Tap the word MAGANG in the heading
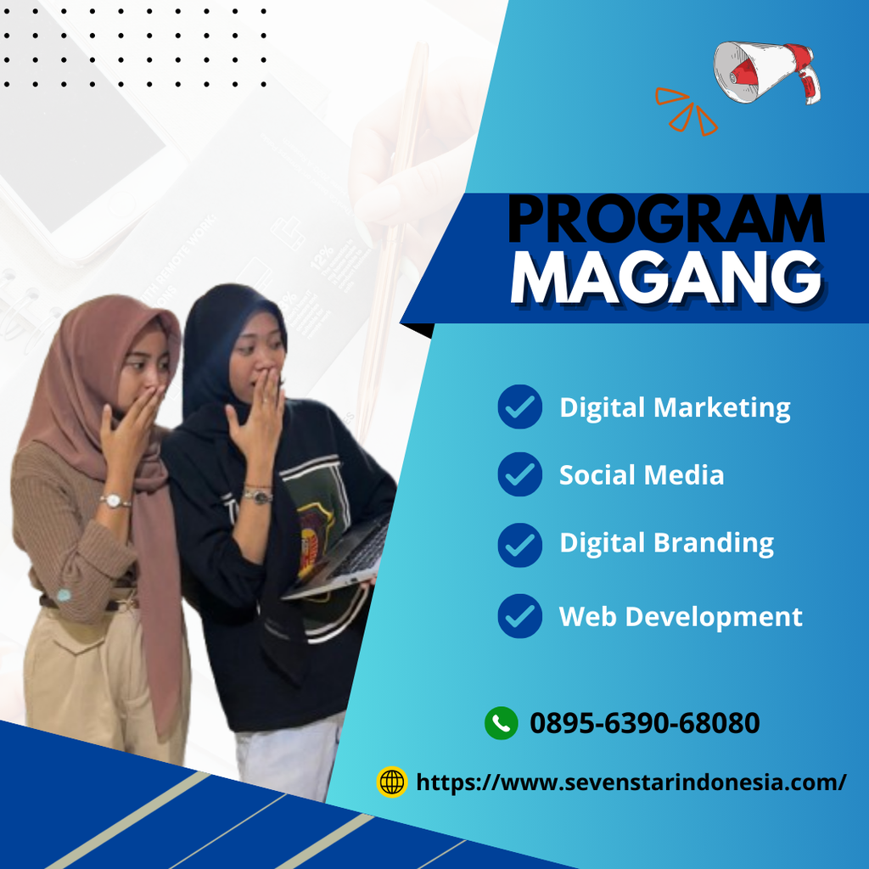click(666, 278)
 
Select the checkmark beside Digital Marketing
click(520, 406)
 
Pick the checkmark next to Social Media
click(520, 474)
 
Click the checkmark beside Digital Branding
click(520, 544)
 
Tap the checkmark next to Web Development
click(520, 616)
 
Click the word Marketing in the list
click(722, 407)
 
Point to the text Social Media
click(642, 475)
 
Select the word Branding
click(714, 543)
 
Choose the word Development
click(714, 617)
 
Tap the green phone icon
click(501, 723)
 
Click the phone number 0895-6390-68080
click(645, 723)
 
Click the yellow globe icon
click(392, 782)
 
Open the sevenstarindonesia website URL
click(631, 782)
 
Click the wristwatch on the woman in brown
click(115, 501)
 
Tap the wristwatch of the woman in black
click(258, 495)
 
